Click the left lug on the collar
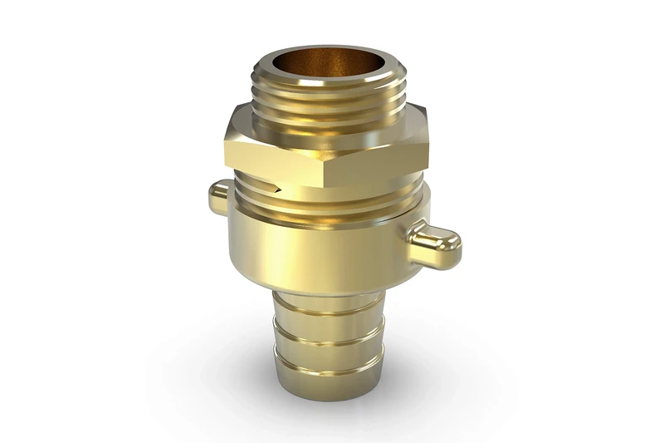218,197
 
